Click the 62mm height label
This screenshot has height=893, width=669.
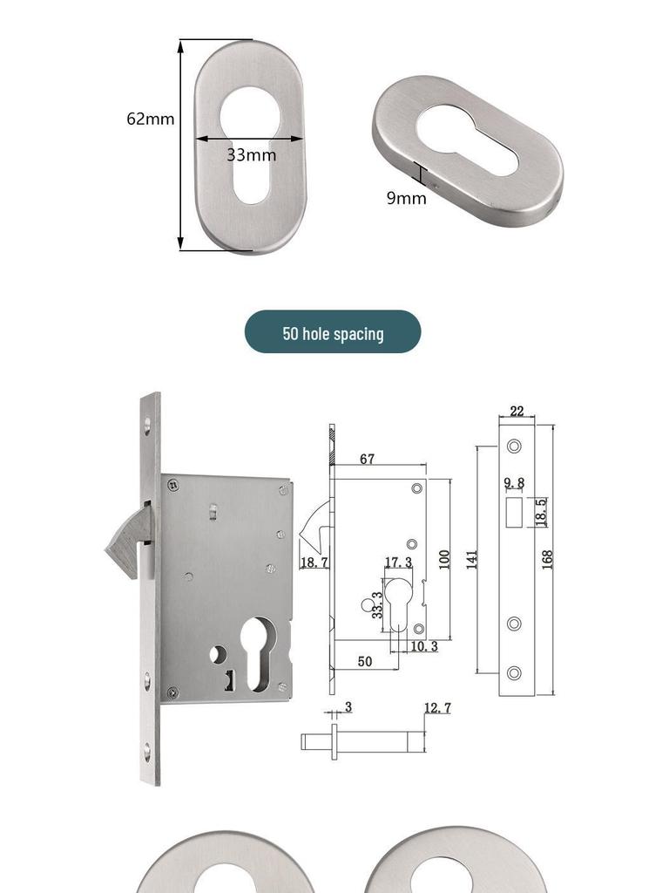(150, 119)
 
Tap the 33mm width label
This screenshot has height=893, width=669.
(252, 155)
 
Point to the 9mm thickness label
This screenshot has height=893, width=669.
(406, 198)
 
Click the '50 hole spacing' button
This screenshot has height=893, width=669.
(333, 332)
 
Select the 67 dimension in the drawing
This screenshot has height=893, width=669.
(368, 459)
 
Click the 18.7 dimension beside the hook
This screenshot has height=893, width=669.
(314, 562)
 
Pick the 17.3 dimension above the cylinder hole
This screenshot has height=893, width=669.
(398, 562)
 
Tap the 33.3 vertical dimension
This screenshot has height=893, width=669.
(377, 605)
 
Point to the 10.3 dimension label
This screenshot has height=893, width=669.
(424, 646)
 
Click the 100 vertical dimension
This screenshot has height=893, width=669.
(444, 559)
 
